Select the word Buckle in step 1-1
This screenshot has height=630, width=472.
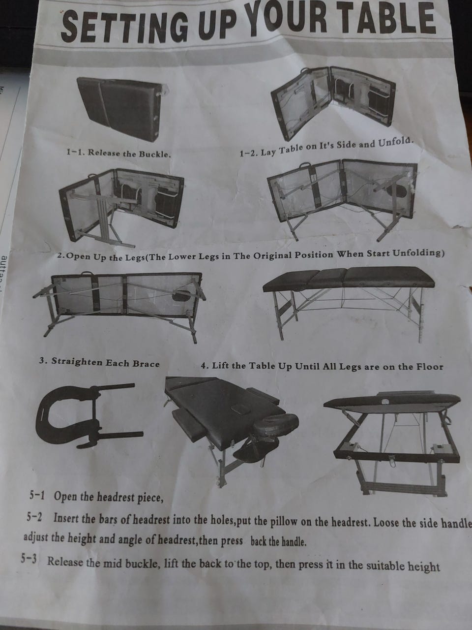[155, 154]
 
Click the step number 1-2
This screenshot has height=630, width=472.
[249, 153]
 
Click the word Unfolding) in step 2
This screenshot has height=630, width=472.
[418, 253]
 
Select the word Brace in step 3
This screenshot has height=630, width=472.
[146, 363]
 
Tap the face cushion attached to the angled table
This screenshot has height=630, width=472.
[275, 424]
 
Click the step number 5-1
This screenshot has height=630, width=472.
[37, 496]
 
